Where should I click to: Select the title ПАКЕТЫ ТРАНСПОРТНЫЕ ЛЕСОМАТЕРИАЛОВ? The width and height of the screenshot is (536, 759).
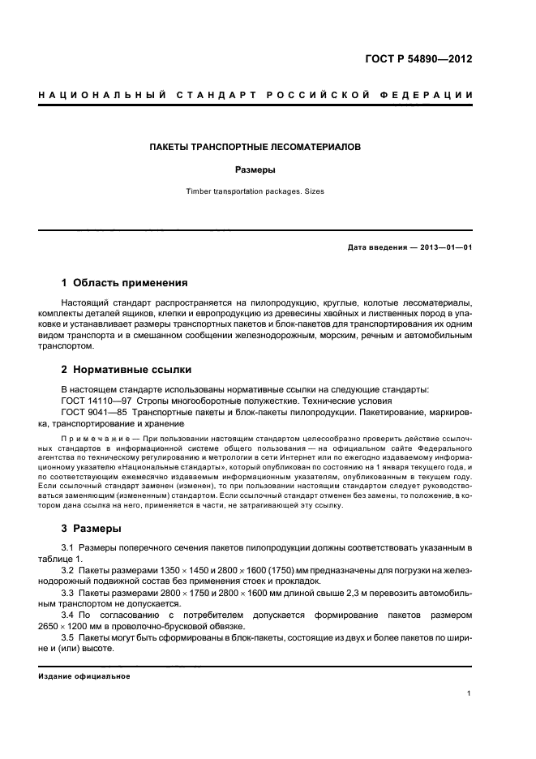[x=255, y=148]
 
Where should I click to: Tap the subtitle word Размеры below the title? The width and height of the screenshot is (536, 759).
[x=255, y=171]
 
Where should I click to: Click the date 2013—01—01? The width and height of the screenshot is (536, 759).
[x=445, y=247]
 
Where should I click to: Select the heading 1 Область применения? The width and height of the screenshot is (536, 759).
[x=125, y=283]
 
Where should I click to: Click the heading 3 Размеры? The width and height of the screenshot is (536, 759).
[x=92, y=529]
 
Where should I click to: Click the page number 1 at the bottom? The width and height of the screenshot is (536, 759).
[x=470, y=693]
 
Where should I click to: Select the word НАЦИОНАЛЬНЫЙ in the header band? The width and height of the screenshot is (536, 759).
[x=99, y=96]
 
